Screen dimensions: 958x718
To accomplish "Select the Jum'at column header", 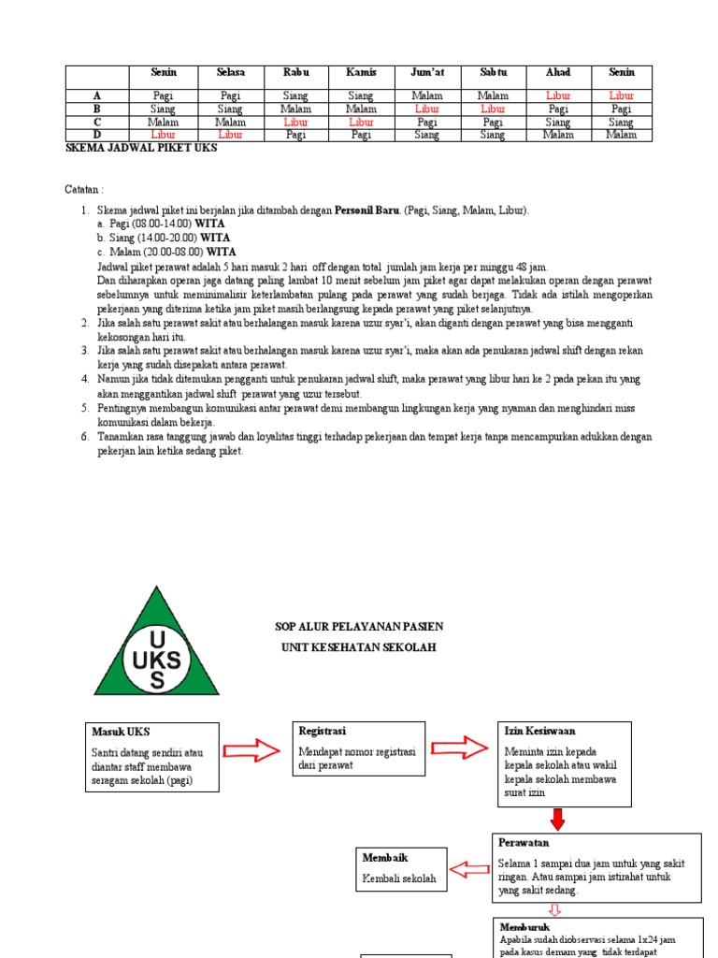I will click(426, 72).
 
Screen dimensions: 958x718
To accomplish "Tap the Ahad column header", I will click(558, 72).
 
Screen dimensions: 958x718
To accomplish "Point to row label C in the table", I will click(96, 122).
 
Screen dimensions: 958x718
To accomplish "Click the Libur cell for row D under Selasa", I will click(230, 135).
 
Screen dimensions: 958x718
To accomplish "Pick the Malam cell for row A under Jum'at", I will click(426, 95).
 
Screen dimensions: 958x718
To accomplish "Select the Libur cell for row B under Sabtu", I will click(493, 109).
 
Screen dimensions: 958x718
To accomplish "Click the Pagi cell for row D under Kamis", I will click(361, 135).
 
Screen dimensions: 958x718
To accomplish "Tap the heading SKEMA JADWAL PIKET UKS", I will click(141, 148).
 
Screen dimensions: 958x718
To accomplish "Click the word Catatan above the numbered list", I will click(84, 189).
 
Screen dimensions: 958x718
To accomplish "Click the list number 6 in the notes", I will click(84, 437).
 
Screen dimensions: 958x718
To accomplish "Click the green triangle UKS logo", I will click(156, 646).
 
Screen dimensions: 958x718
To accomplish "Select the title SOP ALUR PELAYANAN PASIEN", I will click(359, 626).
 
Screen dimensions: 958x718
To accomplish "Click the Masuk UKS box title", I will click(121, 731).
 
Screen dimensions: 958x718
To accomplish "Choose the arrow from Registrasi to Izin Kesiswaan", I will click(459, 747).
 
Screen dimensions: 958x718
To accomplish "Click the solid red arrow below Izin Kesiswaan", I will click(558, 820).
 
